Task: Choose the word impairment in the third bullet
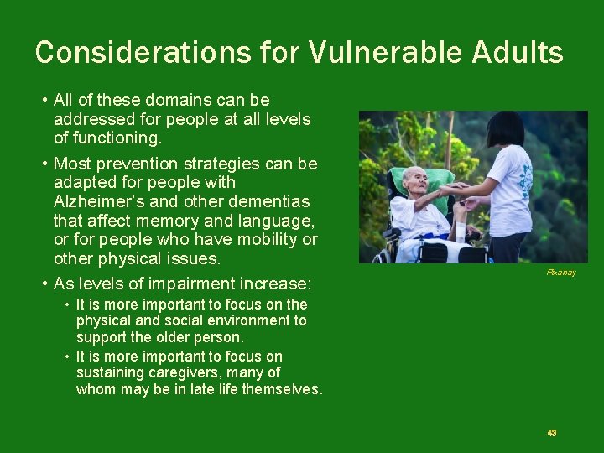point(191,283)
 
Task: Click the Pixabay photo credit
point(561,273)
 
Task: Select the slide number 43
point(551,433)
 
